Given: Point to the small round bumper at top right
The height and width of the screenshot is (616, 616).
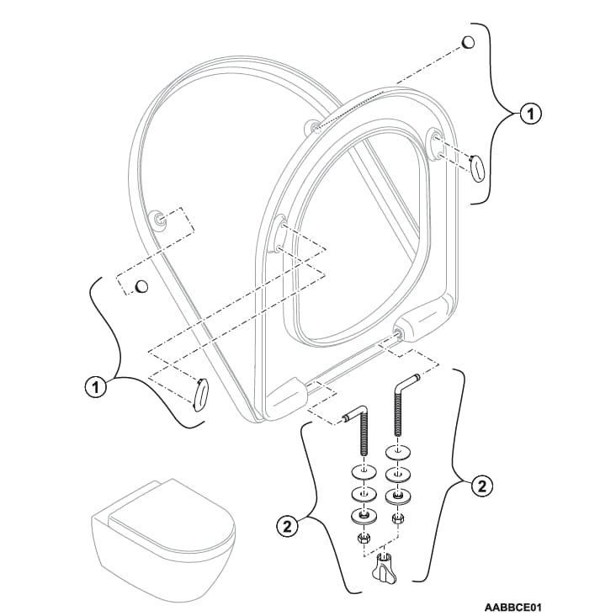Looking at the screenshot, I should point(469,42).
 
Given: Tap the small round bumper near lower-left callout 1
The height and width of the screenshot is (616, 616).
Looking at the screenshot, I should point(141,286).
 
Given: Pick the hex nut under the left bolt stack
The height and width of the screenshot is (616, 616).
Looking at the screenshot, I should point(364,536).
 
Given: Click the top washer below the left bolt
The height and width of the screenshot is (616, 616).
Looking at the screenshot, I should point(364,469).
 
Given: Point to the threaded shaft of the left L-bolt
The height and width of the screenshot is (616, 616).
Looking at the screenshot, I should point(364,438).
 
